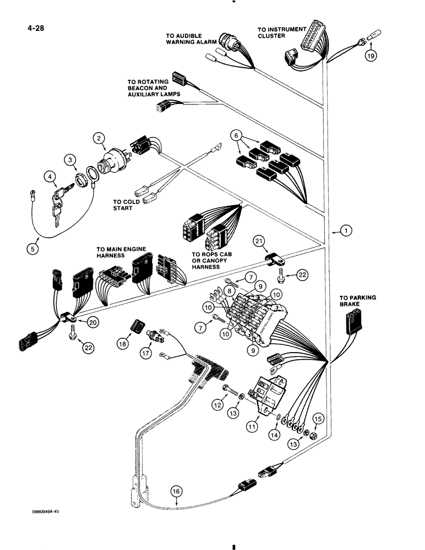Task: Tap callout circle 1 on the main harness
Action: pyautogui.click(x=346, y=232)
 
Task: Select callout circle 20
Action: pyautogui.click(x=93, y=323)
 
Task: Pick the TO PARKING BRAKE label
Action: pyautogui.click(x=357, y=301)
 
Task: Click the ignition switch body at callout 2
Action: pyautogui.click(x=113, y=163)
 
